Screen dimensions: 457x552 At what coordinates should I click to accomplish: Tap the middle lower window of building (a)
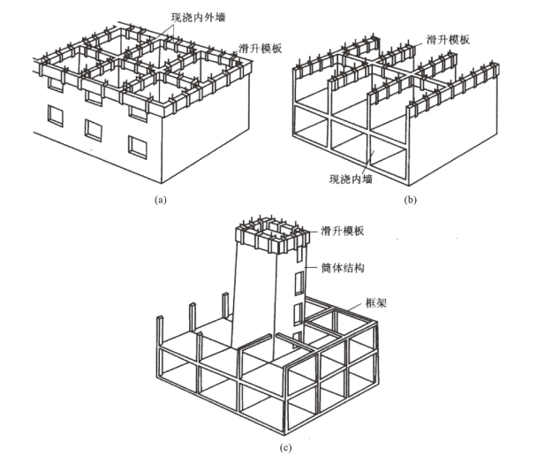click(94, 129)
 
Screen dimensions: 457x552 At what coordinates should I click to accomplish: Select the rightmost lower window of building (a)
click(138, 146)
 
